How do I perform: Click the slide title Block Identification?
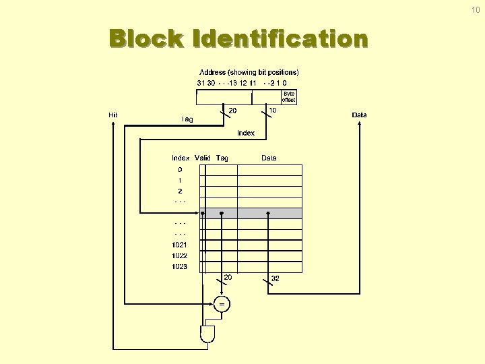239,40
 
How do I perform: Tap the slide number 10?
476,9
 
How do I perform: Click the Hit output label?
113,115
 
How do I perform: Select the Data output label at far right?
360,115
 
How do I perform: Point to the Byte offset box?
288,97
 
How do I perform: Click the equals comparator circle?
222,304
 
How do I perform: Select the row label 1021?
179,245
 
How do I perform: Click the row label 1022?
179,255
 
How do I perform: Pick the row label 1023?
179,266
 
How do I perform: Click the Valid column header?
203,158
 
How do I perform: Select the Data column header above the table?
269,158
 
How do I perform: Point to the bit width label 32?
275,278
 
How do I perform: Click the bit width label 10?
272,110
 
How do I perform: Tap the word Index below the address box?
246,133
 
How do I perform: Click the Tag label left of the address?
188,119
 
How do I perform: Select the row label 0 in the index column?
180,170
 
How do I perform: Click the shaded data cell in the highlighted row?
269,213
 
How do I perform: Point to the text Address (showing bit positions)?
249,72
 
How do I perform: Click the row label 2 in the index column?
180,191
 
